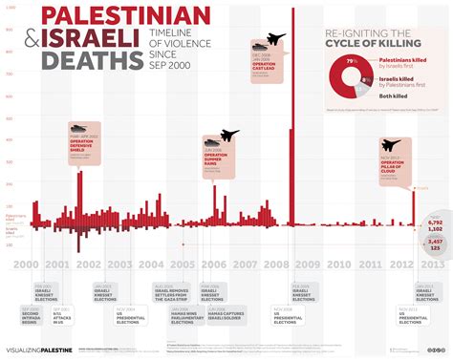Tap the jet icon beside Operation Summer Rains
[x=229, y=137]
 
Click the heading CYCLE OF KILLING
[x=371, y=42]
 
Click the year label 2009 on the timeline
[x=306, y=265]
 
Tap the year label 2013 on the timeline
[x=431, y=265]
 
